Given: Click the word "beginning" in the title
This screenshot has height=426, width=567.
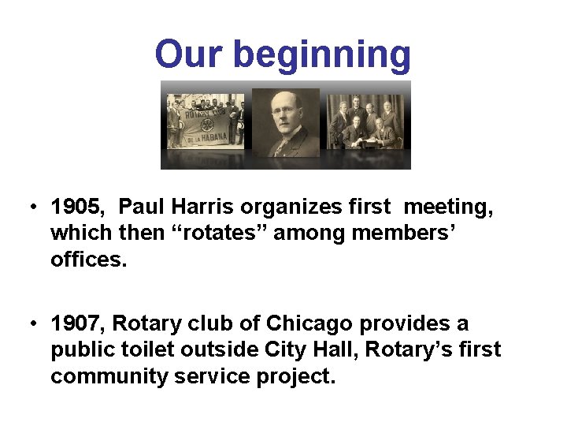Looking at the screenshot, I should tap(322, 56).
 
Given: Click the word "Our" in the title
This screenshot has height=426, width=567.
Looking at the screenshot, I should tap(190, 54).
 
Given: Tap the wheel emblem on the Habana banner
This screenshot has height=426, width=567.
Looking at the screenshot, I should tap(207, 125).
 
